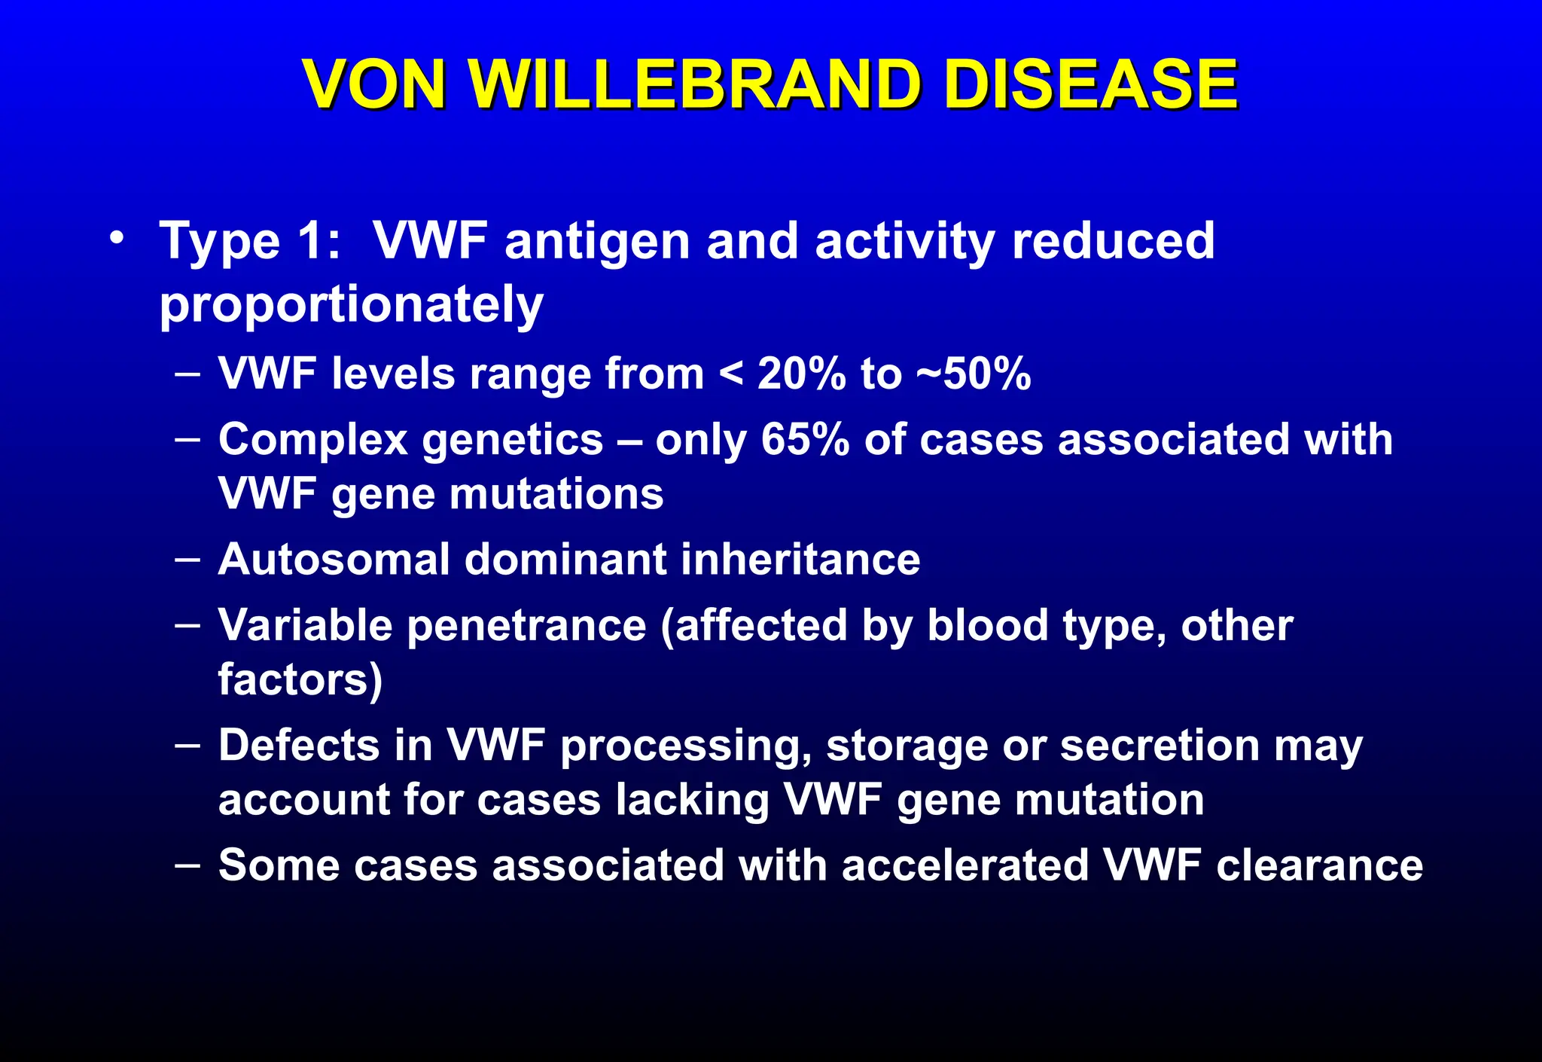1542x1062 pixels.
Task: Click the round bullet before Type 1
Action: pos(117,239)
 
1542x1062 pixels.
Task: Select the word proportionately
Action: pos(351,305)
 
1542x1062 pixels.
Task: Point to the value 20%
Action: pos(801,374)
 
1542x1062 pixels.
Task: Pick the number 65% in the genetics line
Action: pos(804,439)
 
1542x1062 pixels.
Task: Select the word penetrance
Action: pos(526,626)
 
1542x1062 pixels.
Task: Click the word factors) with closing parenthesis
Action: pos(300,679)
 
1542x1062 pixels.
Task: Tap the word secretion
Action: pos(1160,746)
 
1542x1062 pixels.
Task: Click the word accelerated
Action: pos(965,865)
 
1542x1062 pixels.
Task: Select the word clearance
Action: pos(1319,865)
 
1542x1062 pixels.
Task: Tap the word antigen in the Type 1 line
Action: pos(597,243)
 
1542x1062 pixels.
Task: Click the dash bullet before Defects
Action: pos(187,744)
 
